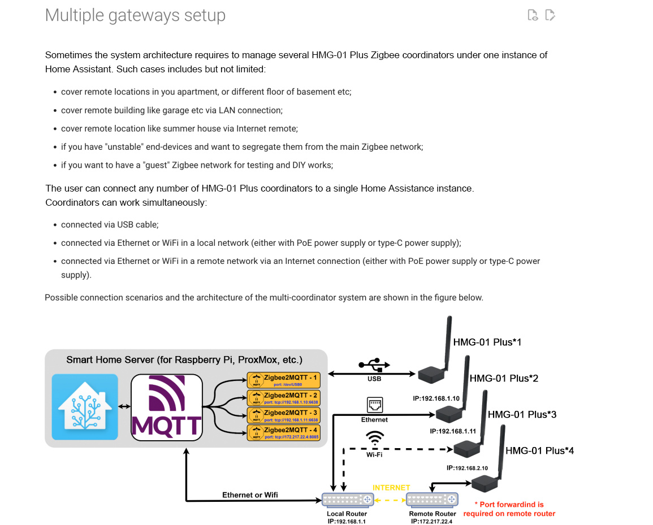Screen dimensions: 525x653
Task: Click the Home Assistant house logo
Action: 85,407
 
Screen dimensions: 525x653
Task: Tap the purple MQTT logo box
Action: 167,407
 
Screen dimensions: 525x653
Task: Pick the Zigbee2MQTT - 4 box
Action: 284,432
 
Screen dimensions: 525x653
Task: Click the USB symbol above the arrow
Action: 374,365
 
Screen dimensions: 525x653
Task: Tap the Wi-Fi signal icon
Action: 374,439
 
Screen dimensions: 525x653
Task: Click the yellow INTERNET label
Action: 391,487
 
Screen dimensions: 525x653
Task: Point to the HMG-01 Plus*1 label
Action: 487,342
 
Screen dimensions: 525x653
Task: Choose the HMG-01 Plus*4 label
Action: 540,451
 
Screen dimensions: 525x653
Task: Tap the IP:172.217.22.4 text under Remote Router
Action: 432,521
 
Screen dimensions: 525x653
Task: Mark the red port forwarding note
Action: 509,509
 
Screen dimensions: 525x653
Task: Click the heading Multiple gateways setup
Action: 135,15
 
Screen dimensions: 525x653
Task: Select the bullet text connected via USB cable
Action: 110,225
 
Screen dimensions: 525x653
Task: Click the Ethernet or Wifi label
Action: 250,495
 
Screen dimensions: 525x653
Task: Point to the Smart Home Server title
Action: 184,360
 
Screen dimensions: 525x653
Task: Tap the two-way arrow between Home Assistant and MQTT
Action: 124,407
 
